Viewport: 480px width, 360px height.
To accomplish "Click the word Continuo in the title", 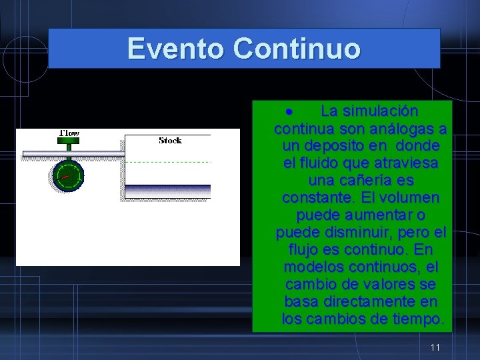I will [x=297, y=49].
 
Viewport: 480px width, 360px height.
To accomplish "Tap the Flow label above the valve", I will [x=69, y=133].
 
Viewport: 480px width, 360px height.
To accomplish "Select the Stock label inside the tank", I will [x=171, y=140].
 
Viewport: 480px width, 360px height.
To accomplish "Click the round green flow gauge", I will [x=68, y=175].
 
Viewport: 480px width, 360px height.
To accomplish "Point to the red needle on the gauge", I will [x=64, y=177].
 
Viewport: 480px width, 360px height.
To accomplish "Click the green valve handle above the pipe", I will [x=69, y=143].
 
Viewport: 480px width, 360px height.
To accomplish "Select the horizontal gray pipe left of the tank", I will [x=73, y=154].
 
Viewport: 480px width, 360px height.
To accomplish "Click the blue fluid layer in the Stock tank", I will [x=168, y=191].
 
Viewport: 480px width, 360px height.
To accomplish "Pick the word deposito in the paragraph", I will [x=339, y=145].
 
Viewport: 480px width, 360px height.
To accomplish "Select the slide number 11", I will [x=435, y=347].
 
